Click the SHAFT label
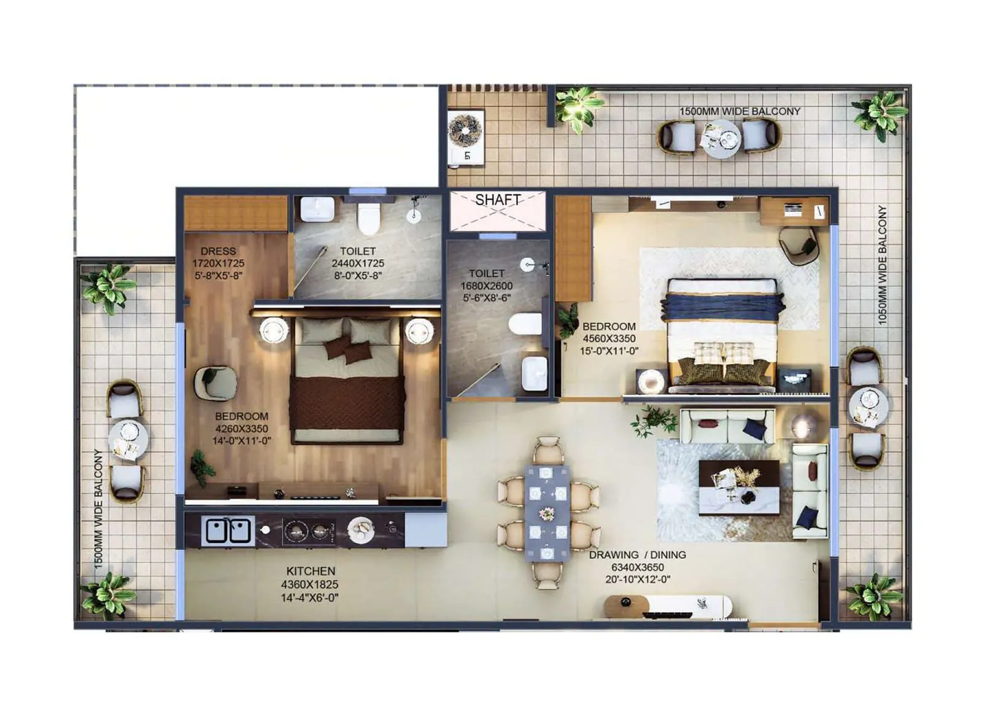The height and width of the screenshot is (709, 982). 498,200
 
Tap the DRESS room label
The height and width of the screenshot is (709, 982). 218,251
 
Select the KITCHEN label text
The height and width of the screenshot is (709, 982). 311,571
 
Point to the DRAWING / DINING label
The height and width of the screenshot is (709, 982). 637,555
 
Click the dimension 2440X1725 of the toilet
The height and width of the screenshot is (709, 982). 358,263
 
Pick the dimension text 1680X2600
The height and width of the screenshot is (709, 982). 486,286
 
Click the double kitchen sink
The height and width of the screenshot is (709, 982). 228,531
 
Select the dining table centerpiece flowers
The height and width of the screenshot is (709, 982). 546,513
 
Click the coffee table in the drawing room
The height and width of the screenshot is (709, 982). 739,488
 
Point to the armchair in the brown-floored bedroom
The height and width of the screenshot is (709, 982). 215,383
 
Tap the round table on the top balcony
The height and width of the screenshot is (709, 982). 721,139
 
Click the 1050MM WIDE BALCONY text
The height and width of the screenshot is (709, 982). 882,265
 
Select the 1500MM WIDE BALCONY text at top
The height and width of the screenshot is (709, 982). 739,112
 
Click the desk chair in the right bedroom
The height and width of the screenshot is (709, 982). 798,245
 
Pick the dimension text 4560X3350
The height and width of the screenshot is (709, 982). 609,339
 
